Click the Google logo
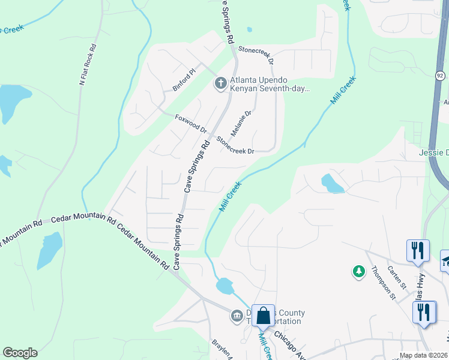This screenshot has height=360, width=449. click(20, 353)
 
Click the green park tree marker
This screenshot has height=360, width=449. click(359, 272)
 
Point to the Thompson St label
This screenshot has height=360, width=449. click(384, 283)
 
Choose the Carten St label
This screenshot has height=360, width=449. click(397, 275)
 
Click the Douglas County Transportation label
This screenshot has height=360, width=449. click(277, 317)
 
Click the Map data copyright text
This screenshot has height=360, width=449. click(424, 356)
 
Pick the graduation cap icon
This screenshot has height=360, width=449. click(445, 260)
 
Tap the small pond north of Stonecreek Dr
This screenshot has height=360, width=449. click(249, 29)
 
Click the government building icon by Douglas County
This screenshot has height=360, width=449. click(237, 314)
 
